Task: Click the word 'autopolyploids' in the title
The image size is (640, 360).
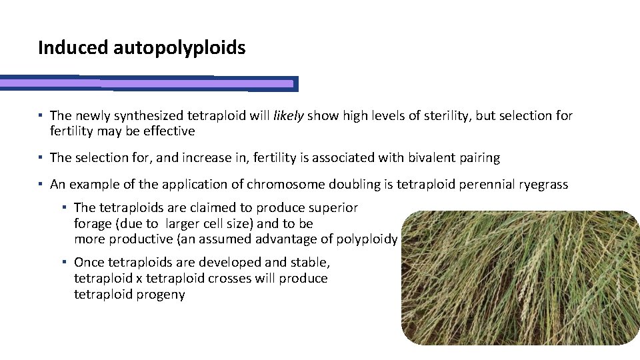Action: click(179, 49)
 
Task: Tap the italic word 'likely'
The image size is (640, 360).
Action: click(288, 116)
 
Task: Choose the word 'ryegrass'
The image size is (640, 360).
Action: click(543, 185)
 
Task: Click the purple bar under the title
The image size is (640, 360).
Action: click(147, 84)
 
